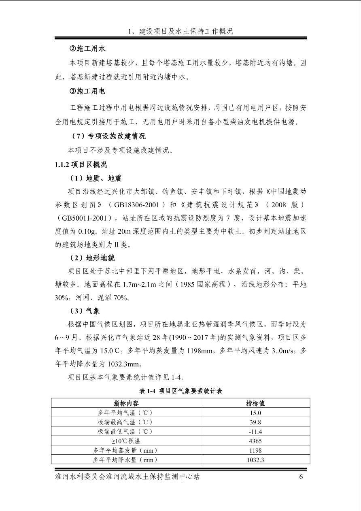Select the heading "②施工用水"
click(x=87, y=49)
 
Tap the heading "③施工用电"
click(x=87, y=92)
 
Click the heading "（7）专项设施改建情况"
click(x=108, y=136)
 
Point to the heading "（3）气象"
click(x=85, y=311)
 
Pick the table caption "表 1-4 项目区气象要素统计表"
click(x=180, y=391)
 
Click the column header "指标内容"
click(x=126, y=403)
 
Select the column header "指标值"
click(x=255, y=403)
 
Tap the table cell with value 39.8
click(x=255, y=422)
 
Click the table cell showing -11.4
click(x=255, y=432)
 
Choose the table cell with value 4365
click(x=255, y=441)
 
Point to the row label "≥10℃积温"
click(x=126, y=441)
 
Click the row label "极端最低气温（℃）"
click(x=126, y=432)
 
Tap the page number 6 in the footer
click(x=301, y=477)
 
